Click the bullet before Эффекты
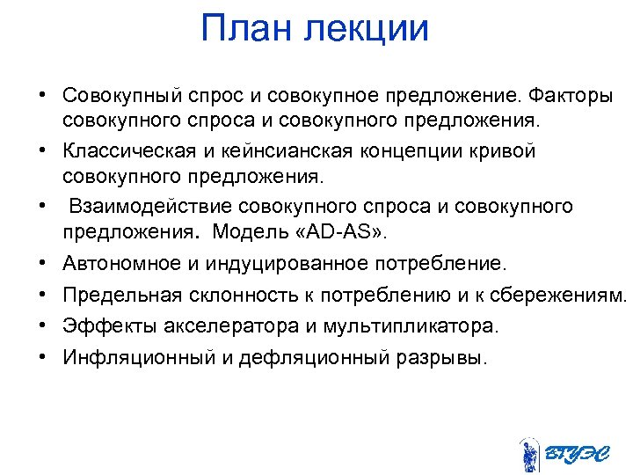tap(41, 326)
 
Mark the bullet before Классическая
tap(41, 150)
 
